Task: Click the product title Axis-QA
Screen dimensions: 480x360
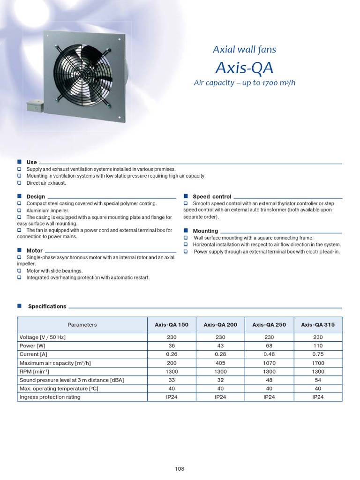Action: pyautogui.click(x=244, y=68)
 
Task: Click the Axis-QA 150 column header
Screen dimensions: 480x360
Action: pyautogui.click(x=172, y=324)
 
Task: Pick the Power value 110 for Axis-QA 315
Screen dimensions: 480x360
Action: pyautogui.click(x=318, y=346)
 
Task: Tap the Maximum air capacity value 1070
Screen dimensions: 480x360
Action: pyautogui.click(x=269, y=363)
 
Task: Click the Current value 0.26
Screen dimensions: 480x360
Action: pyautogui.click(x=172, y=354)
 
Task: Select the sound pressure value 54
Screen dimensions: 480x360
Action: pyautogui.click(x=318, y=380)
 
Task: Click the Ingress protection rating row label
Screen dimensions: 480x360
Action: pyautogui.click(x=50, y=397)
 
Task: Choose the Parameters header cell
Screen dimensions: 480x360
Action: pyautogui.click(x=82, y=324)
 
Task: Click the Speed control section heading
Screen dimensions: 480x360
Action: pyautogui.click(x=212, y=196)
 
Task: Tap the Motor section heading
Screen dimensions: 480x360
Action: pyautogui.click(x=34, y=251)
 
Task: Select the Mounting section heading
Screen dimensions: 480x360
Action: pyautogui.click(x=205, y=231)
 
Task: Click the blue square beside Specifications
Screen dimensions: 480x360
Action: pyautogui.click(x=20, y=306)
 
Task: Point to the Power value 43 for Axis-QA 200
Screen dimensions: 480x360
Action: pyautogui.click(x=220, y=346)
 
